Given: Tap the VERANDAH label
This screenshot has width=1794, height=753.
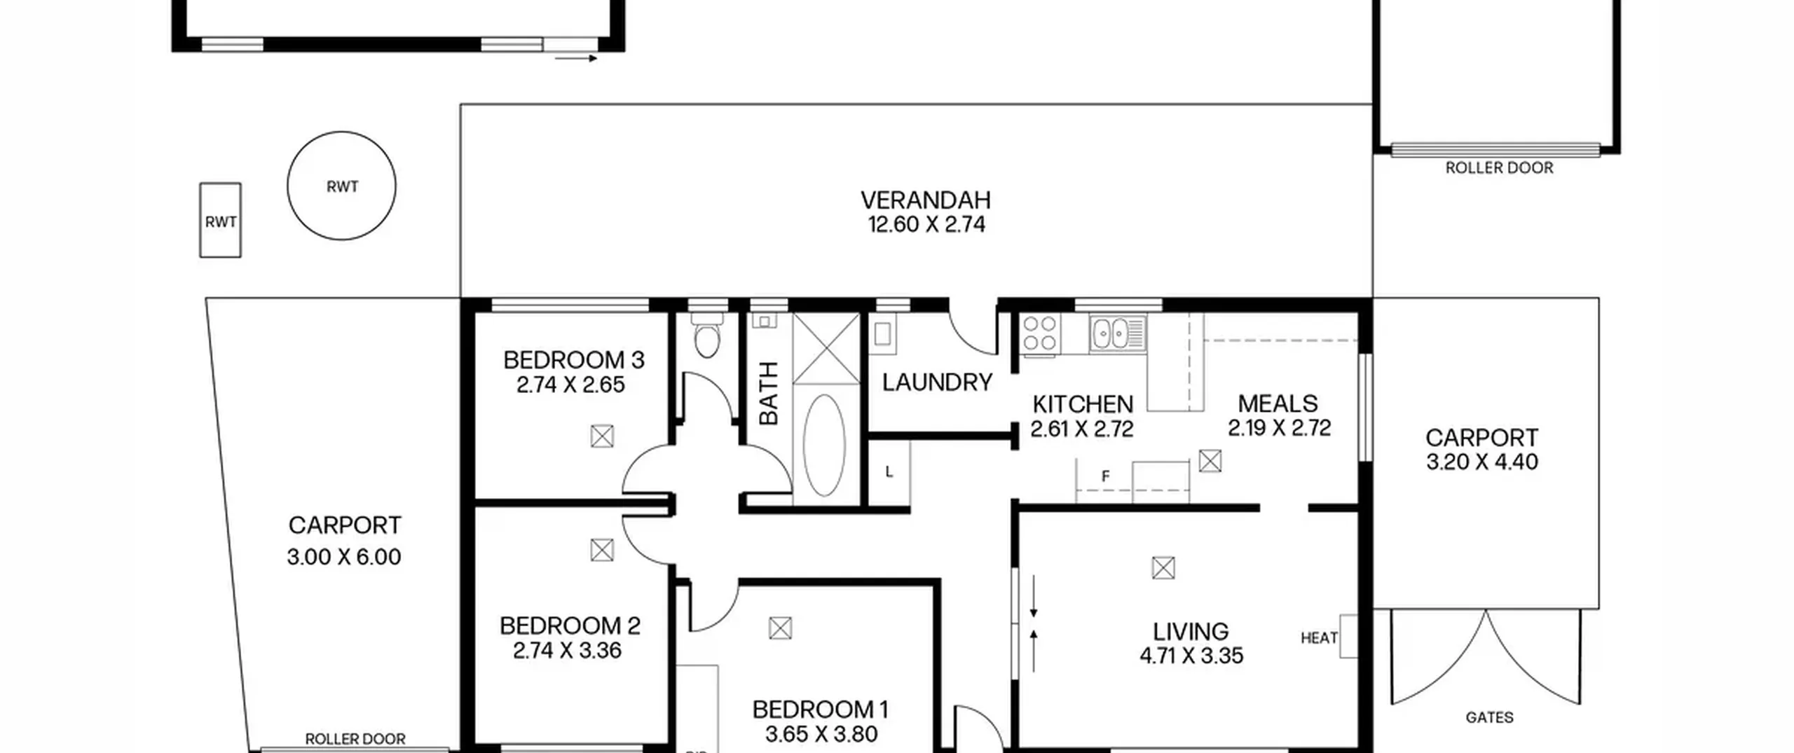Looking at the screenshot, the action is (x=926, y=200).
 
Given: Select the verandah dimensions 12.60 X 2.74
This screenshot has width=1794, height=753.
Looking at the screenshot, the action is (x=926, y=225).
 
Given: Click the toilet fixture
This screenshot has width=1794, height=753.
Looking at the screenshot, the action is (x=706, y=336).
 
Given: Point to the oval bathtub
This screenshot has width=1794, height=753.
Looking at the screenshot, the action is (x=824, y=445).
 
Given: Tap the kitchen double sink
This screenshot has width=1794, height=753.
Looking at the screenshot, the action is (x=1117, y=333).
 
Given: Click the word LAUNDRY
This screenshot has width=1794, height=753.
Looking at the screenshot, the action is (x=937, y=382).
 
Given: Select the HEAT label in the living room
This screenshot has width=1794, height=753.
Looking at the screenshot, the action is (x=1319, y=638).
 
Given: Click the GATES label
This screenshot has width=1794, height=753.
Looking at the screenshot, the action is (x=1489, y=717).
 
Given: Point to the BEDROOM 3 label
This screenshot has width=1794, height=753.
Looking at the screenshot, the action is (x=573, y=360).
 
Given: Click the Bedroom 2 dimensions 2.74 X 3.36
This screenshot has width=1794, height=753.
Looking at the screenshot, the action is (x=567, y=651).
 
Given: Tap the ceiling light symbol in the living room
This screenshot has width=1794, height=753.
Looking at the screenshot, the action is (x=1163, y=567).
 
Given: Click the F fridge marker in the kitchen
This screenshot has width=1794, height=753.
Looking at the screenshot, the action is (x=1106, y=476).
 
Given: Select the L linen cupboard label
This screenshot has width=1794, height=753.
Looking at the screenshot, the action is (x=889, y=472).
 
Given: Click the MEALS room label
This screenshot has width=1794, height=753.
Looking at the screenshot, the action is (x=1278, y=403).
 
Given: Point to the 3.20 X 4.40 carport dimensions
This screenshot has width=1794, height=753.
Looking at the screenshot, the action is (x=1482, y=462).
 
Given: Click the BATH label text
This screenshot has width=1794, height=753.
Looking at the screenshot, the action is (x=769, y=393).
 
